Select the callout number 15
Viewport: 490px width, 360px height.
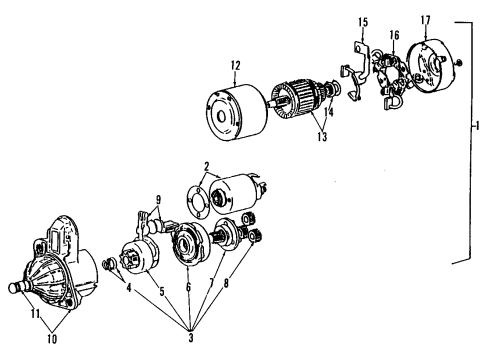point(363,21)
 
